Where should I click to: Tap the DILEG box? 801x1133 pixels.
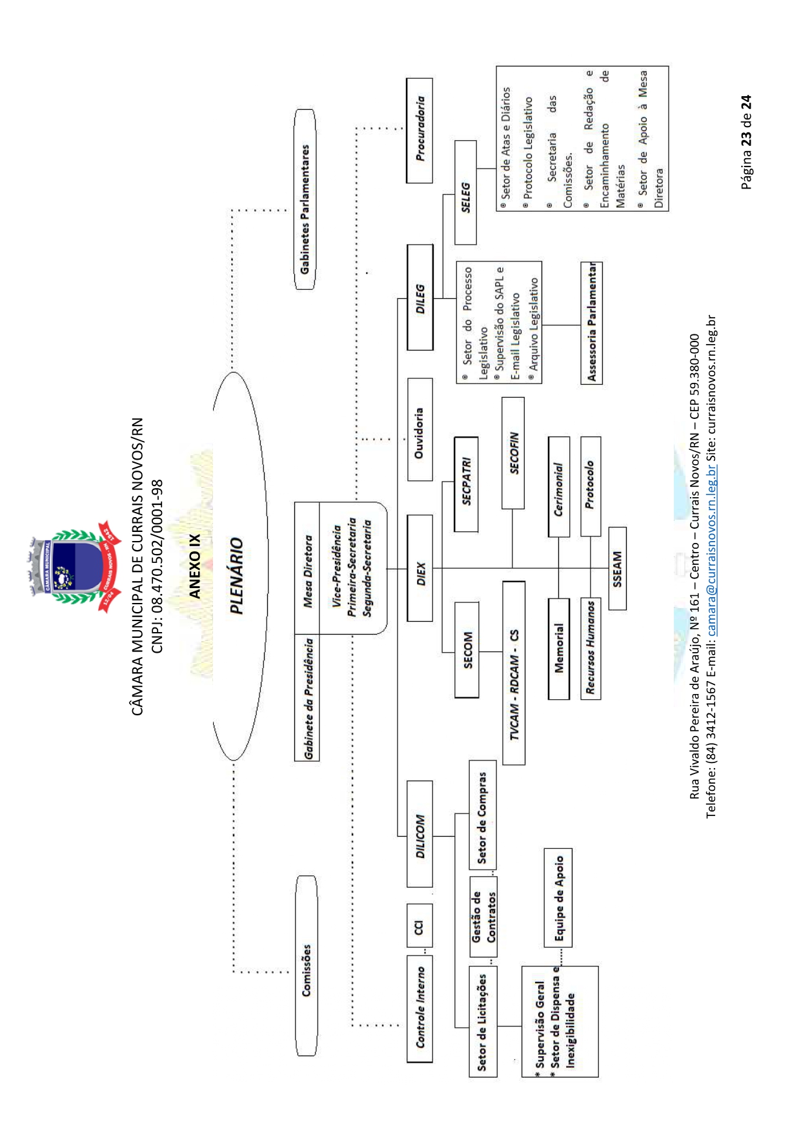pos(420,298)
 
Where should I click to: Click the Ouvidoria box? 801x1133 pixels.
pos(420,430)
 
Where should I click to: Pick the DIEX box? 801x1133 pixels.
pos(420,568)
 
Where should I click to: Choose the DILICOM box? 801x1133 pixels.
pos(420,833)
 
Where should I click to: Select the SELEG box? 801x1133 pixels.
pos(465,193)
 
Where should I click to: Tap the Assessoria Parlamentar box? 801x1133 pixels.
pos(592,323)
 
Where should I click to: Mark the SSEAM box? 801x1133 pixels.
pos(617,569)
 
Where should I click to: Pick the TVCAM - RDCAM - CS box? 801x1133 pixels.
pos(514,673)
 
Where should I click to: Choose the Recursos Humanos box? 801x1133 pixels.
pos(591,649)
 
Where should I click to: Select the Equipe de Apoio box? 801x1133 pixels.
pos(558,897)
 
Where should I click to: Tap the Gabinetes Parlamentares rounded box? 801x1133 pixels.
pos(305,200)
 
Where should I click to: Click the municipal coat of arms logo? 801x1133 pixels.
pos(76,567)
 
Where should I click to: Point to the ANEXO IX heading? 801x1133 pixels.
pos(194,566)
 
